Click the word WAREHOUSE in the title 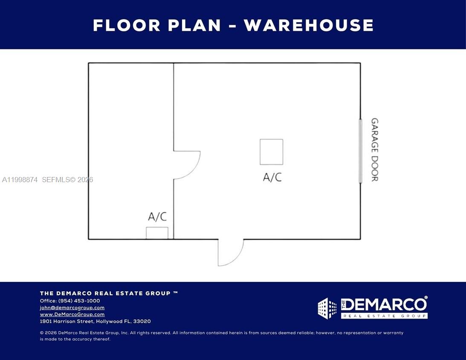pos(309,25)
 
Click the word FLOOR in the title pos(127,25)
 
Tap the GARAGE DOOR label pos(374,150)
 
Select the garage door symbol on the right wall pos(360,151)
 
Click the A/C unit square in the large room pos(271,152)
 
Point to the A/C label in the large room pos(272,177)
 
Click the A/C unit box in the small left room pos(157,233)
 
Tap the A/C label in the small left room pos(157,217)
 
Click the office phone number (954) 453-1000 pos(79,301)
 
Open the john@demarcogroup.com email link pos(72,308)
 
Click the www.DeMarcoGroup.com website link pos(72,314)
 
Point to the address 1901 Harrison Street pos(95,321)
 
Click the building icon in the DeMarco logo pos(327,308)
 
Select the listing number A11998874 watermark pos(20,180)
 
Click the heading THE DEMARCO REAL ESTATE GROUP pos(109,293)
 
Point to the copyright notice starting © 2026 pos(222,336)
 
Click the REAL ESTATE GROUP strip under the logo pos(384,316)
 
